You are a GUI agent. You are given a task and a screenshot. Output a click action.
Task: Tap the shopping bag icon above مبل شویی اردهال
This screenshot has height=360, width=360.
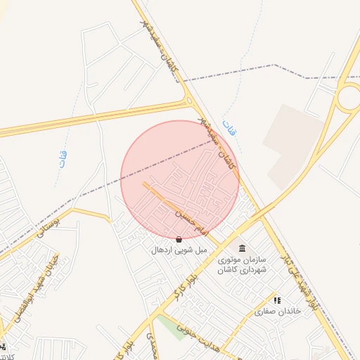coord(179,239)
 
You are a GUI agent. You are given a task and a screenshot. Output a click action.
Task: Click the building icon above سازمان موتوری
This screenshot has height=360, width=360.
coord(243,249)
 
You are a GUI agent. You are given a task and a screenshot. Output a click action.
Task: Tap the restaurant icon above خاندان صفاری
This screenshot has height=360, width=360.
coord(277,300)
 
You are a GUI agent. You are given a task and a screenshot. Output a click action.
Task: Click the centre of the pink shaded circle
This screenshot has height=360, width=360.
coord(180,179)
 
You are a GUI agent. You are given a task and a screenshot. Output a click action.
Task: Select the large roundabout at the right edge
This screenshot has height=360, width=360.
coord(349,98)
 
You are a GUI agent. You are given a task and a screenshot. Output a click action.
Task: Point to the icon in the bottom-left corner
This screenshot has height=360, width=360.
coord(4,346)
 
